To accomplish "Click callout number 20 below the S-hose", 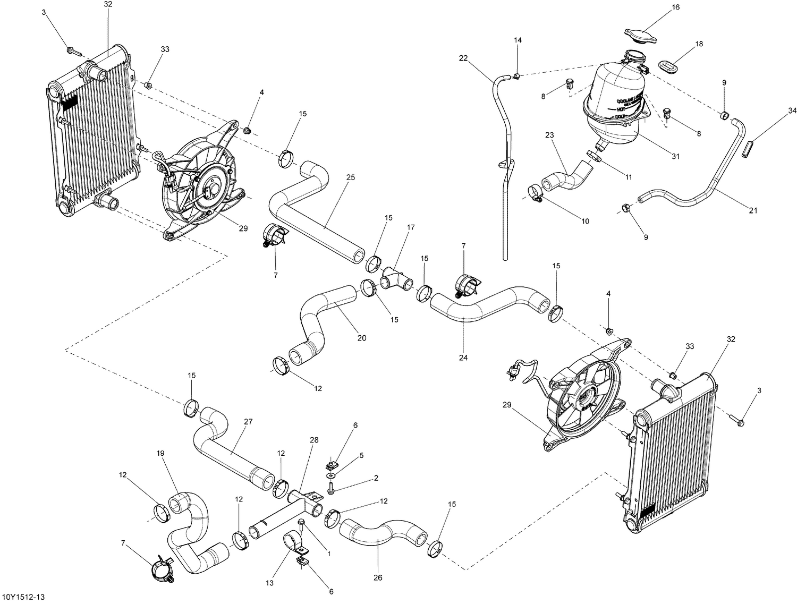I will (361, 338).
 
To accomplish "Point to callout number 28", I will (313, 440).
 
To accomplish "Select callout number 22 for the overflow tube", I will (463, 58).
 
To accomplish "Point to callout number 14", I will (518, 40).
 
